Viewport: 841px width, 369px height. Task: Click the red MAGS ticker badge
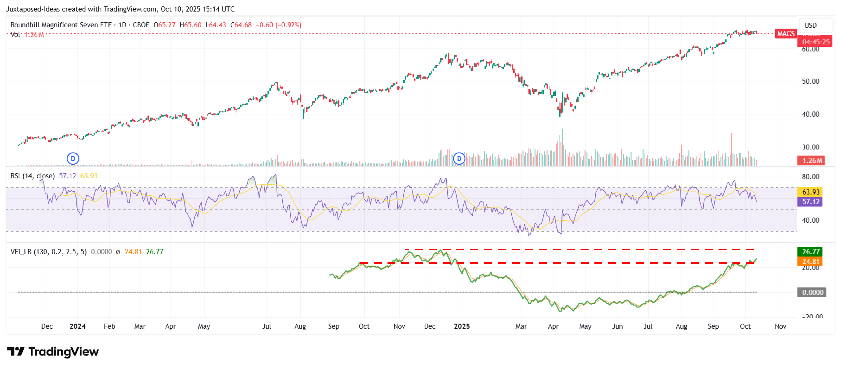786,34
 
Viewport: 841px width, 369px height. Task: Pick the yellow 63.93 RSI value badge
811,192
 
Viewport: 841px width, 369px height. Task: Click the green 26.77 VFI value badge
811,251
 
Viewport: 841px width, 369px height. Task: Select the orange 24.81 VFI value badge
811,261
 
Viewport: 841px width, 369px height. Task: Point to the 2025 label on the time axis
462,326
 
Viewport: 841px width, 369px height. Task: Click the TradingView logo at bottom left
53,351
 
